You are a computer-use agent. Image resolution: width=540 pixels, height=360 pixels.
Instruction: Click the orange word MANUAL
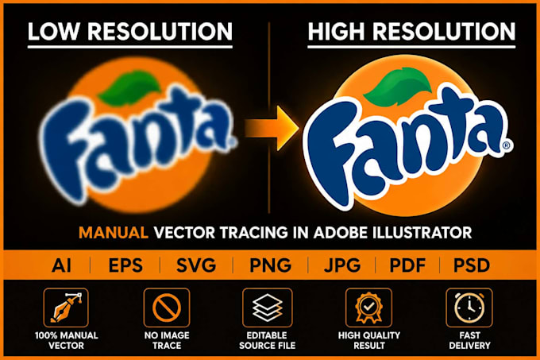click(x=114, y=233)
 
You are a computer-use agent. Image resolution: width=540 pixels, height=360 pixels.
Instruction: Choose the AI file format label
click(x=62, y=265)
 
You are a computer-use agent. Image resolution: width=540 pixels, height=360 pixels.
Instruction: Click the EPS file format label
click(x=125, y=265)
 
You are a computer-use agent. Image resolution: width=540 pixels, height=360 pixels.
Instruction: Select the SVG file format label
click(x=196, y=265)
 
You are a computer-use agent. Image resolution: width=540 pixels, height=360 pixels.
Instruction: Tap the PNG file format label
click(x=270, y=265)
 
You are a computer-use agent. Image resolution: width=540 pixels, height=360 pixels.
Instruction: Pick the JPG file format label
click(x=342, y=265)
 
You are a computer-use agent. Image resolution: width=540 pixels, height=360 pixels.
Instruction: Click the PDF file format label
click(x=407, y=265)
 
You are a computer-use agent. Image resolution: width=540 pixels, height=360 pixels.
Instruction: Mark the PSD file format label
click(x=471, y=265)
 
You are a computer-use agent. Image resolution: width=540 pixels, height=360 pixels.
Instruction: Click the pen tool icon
click(x=66, y=308)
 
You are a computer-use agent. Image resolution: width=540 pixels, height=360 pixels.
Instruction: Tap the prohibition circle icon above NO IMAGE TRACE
click(x=167, y=308)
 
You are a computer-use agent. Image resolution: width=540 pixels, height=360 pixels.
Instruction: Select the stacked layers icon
click(x=268, y=308)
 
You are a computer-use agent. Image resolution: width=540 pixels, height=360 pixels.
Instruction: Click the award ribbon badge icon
click(x=368, y=308)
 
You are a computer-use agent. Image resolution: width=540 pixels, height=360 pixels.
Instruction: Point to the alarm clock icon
click(x=469, y=308)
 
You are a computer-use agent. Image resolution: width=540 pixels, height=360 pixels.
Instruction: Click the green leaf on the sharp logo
click(x=398, y=86)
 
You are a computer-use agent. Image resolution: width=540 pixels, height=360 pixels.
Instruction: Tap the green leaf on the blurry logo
click(x=129, y=88)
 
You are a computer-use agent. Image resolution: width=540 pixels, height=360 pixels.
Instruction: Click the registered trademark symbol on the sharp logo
click(x=507, y=145)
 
